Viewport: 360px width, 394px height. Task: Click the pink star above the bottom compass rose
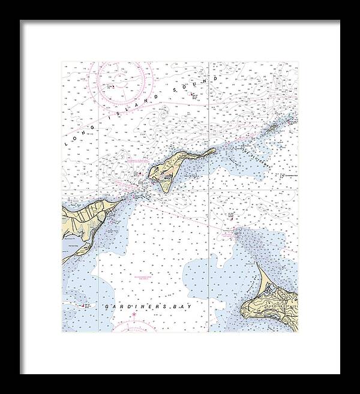(134, 314)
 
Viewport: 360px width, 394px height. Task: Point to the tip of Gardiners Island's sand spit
(257, 264)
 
